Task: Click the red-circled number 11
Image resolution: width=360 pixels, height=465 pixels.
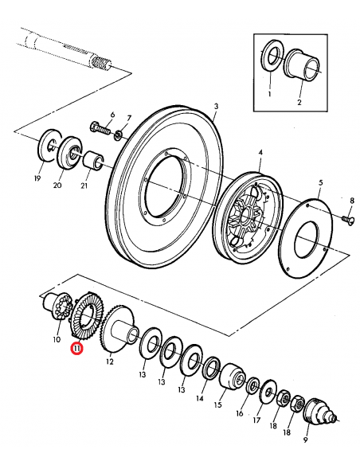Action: (x=76, y=348)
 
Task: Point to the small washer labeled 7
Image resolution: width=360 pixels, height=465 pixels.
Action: (x=119, y=132)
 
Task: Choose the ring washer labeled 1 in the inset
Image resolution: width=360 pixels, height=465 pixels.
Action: (x=271, y=57)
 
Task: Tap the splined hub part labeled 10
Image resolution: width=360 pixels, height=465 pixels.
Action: (x=57, y=311)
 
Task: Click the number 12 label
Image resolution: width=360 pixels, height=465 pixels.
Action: (x=110, y=361)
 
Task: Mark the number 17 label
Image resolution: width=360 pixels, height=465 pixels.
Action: (x=256, y=419)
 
